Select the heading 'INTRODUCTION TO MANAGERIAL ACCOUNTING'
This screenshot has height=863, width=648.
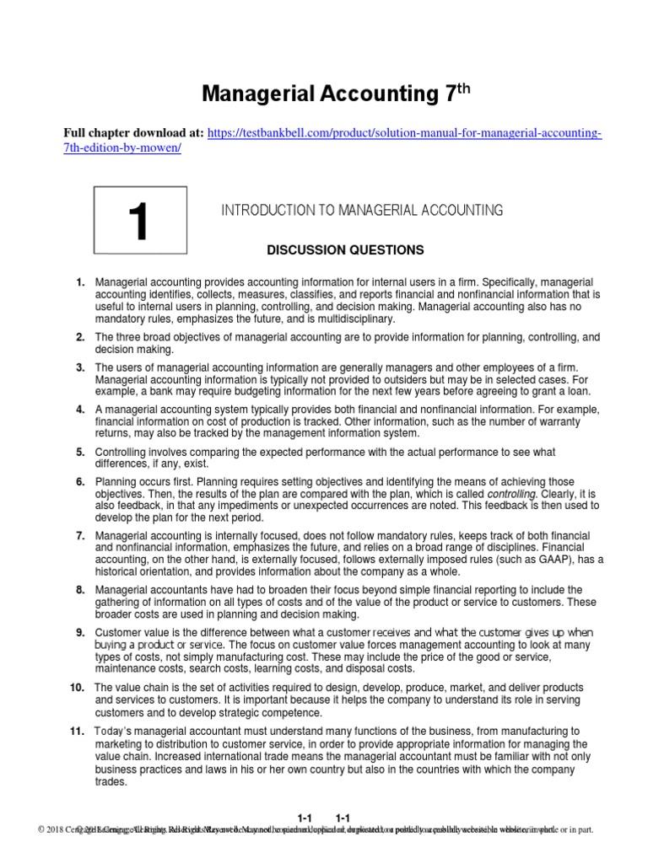pos(362,210)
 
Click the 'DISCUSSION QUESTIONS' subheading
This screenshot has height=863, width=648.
pos(333,250)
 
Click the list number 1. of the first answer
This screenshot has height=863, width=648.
pos(79,281)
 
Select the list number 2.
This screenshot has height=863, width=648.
pos(79,337)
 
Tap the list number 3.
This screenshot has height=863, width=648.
pos(79,367)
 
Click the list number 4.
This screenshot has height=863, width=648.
pos(79,409)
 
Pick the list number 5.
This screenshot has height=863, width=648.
pos(79,452)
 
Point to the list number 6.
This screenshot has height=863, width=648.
pos(79,481)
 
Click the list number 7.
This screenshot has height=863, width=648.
pos(79,535)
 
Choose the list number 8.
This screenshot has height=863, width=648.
pos(79,589)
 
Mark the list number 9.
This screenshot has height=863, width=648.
pos(79,632)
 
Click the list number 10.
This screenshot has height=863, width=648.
pos(76,688)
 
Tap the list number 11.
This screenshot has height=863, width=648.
pos(76,730)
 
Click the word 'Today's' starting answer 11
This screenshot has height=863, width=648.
pos(115,730)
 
